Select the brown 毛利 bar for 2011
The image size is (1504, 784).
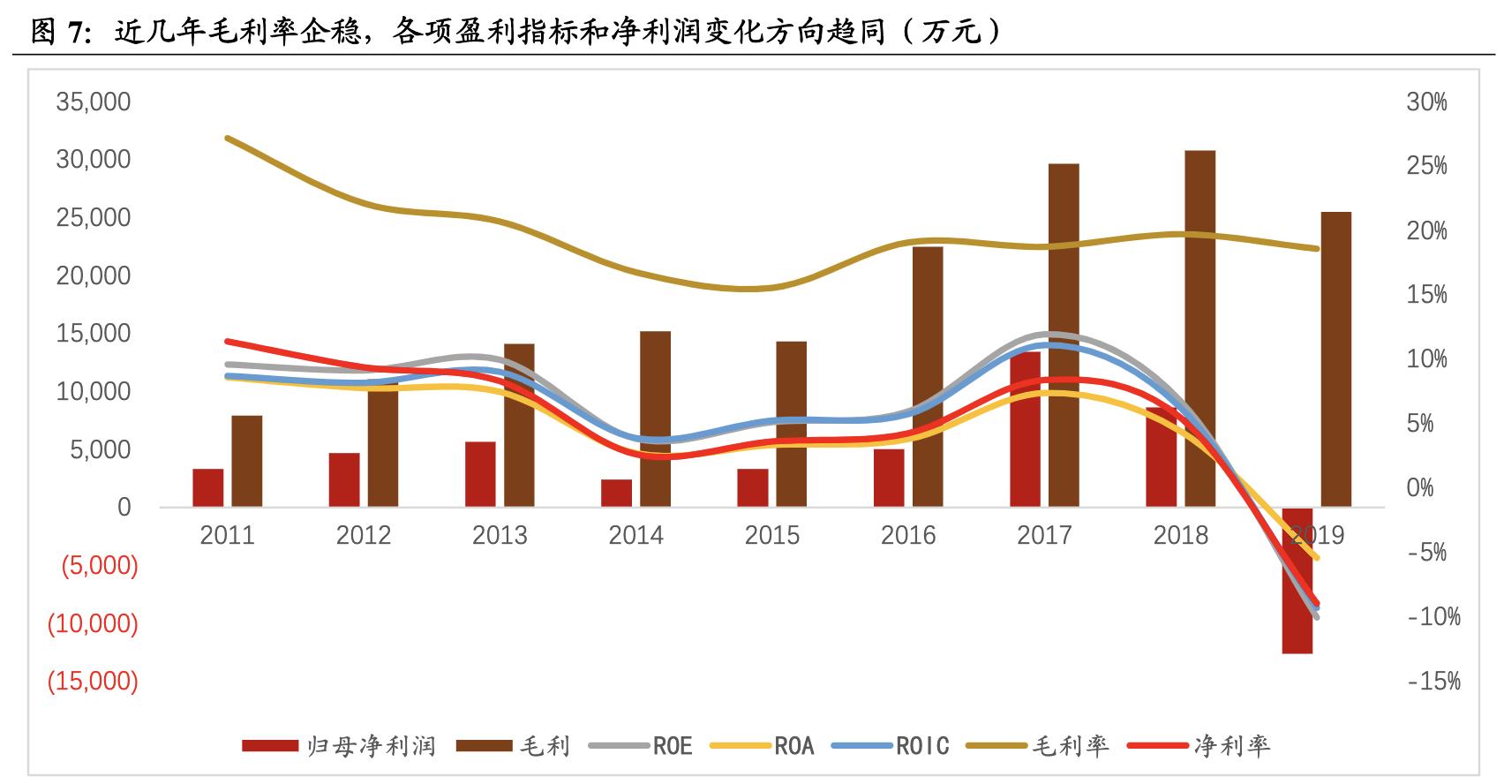[x=247, y=461]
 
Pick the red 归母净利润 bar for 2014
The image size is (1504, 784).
[x=616, y=493]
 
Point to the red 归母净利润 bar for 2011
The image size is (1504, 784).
[x=208, y=487]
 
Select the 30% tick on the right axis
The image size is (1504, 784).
[x=1426, y=102]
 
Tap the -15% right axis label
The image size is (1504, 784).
[x=1433, y=681]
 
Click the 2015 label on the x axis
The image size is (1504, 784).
[x=771, y=535]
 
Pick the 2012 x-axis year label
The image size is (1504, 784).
[x=363, y=535]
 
